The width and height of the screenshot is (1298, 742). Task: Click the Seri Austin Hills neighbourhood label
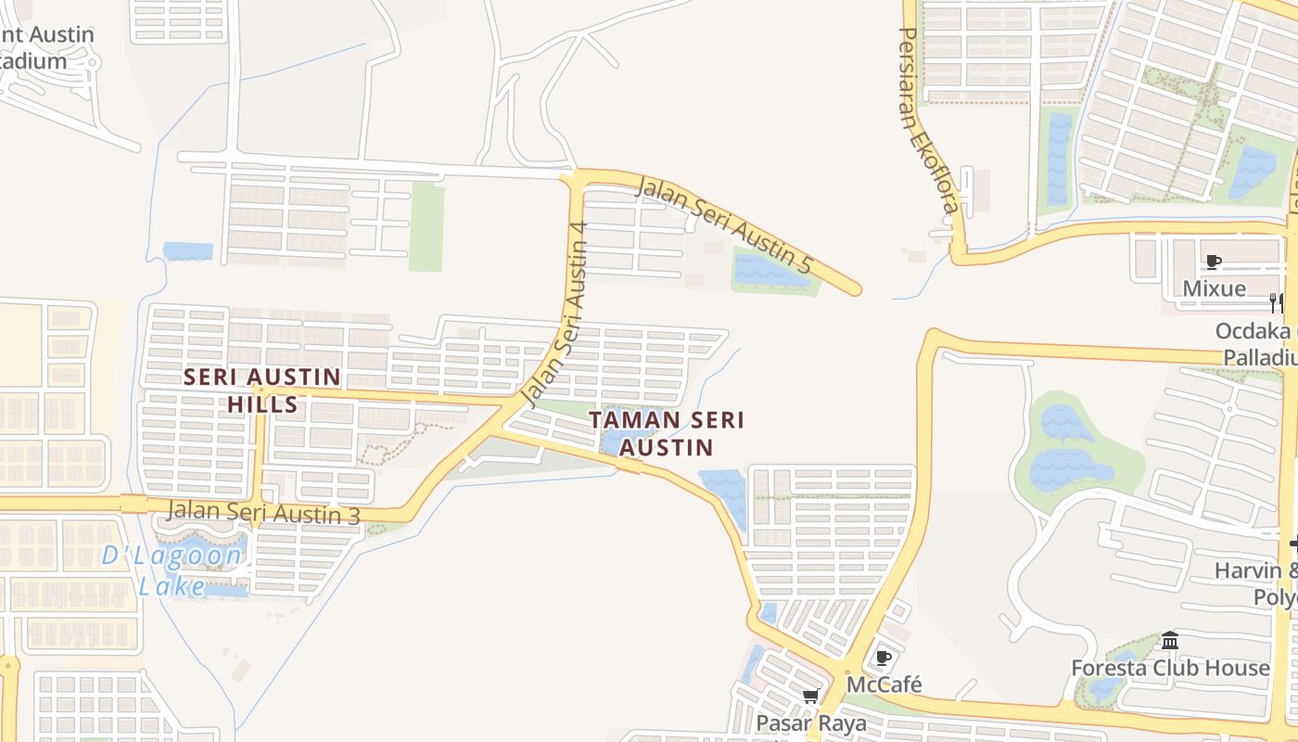click(262, 390)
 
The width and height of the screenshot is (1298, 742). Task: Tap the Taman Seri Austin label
click(668, 433)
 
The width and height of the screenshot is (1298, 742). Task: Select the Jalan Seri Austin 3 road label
click(263, 512)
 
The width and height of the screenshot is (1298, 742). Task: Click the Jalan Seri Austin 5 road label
click(724, 227)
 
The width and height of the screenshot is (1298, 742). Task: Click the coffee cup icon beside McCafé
click(884, 658)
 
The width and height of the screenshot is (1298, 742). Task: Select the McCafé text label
click(884, 684)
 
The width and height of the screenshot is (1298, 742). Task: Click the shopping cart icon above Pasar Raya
click(811, 696)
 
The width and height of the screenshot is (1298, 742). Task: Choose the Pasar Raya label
click(811, 723)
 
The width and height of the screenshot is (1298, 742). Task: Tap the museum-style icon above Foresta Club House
click(1170, 641)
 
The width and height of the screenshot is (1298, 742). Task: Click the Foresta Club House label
click(1170, 668)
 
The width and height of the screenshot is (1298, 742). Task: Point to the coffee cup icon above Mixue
click(1214, 262)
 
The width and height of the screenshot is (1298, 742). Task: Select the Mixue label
click(1214, 288)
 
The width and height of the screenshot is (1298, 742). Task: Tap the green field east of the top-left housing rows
click(426, 226)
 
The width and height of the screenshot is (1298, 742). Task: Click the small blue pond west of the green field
click(187, 250)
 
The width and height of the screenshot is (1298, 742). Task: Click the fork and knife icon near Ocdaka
click(1277, 302)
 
